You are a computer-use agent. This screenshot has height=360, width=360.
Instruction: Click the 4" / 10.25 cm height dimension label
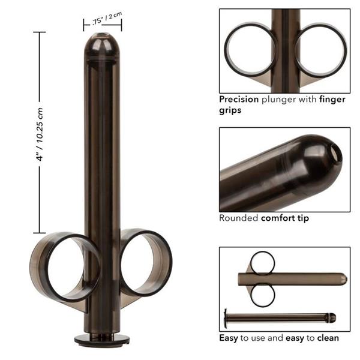point(40,133)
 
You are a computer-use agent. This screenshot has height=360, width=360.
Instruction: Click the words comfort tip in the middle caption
point(285,218)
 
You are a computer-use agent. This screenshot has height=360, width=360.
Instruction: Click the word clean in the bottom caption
point(327,338)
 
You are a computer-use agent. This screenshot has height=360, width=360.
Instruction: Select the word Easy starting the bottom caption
point(229,338)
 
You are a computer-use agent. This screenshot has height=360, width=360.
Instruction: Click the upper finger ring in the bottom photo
point(262,262)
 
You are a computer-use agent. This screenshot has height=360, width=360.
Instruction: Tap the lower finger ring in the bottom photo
point(262,295)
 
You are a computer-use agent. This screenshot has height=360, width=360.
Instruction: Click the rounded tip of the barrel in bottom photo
point(343,279)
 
